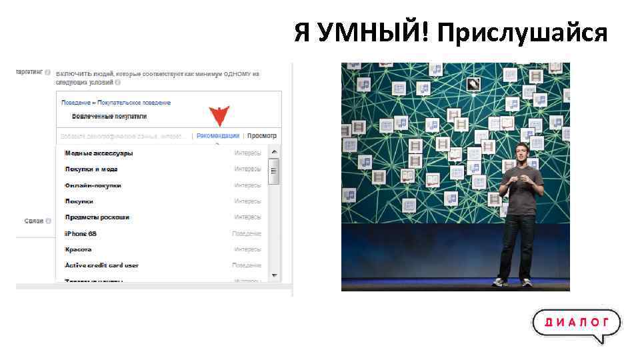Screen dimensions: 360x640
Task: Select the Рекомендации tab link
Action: pos(218,136)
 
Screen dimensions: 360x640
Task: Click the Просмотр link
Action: pos(261,136)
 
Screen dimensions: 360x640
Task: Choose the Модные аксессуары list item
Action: pos(99,153)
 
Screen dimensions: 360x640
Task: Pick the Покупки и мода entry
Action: pos(91,169)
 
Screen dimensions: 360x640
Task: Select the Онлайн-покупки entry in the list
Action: pos(93,185)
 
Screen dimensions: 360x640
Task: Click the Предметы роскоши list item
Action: pos(97,217)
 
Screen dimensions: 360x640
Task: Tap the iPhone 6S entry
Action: pos(80,233)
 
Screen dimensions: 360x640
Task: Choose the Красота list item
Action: pos(78,249)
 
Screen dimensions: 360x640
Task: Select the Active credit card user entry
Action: pos(101,265)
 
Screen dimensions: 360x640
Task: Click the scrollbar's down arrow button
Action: pos(273,275)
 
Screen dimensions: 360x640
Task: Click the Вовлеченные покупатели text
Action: pos(109,116)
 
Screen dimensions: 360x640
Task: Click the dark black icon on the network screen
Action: pos(473,84)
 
